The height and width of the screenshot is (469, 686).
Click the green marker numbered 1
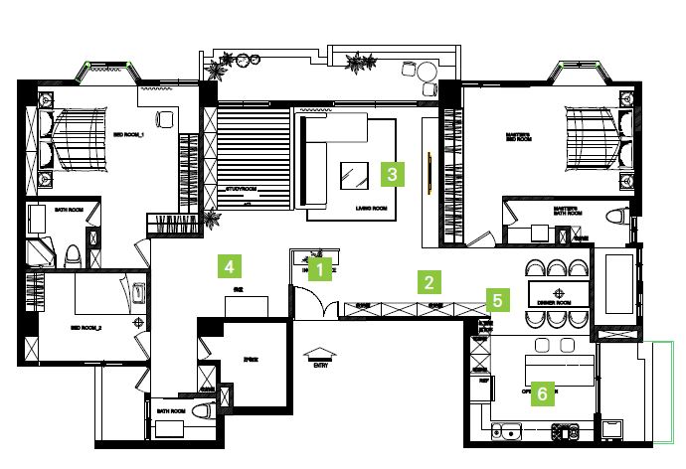click(x=319, y=267)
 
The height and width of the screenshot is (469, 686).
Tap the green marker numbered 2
click(x=429, y=279)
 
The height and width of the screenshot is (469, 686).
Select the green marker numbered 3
click(x=393, y=175)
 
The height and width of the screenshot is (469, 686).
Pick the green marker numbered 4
click(x=230, y=266)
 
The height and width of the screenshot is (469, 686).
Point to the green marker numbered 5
click(x=497, y=297)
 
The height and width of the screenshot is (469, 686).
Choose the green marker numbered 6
click(x=542, y=393)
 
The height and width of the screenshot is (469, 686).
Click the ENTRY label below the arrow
click(x=320, y=365)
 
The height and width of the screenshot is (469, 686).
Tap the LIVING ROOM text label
click(x=370, y=209)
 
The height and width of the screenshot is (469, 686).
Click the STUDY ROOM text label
click(x=242, y=188)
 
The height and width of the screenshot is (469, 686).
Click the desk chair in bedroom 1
click(x=163, y=118)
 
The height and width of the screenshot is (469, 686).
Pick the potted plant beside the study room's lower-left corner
click(x=209, y=218)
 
